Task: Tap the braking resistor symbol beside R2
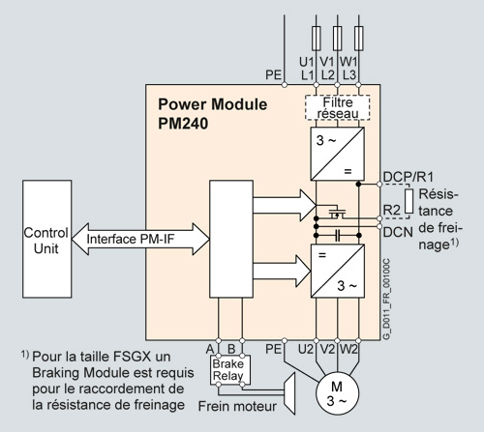coord(409,202)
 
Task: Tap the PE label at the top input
coord(272,73)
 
